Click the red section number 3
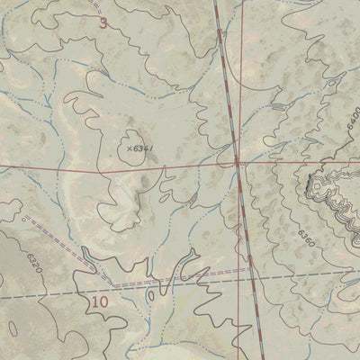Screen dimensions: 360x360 click(103, 22)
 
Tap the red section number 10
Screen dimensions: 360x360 click(100, 302)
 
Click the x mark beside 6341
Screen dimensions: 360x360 click(130, 148)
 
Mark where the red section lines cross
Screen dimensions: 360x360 click(237, 164)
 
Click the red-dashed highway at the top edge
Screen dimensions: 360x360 click(217, 3)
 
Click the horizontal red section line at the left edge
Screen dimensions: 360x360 click(3, 169)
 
